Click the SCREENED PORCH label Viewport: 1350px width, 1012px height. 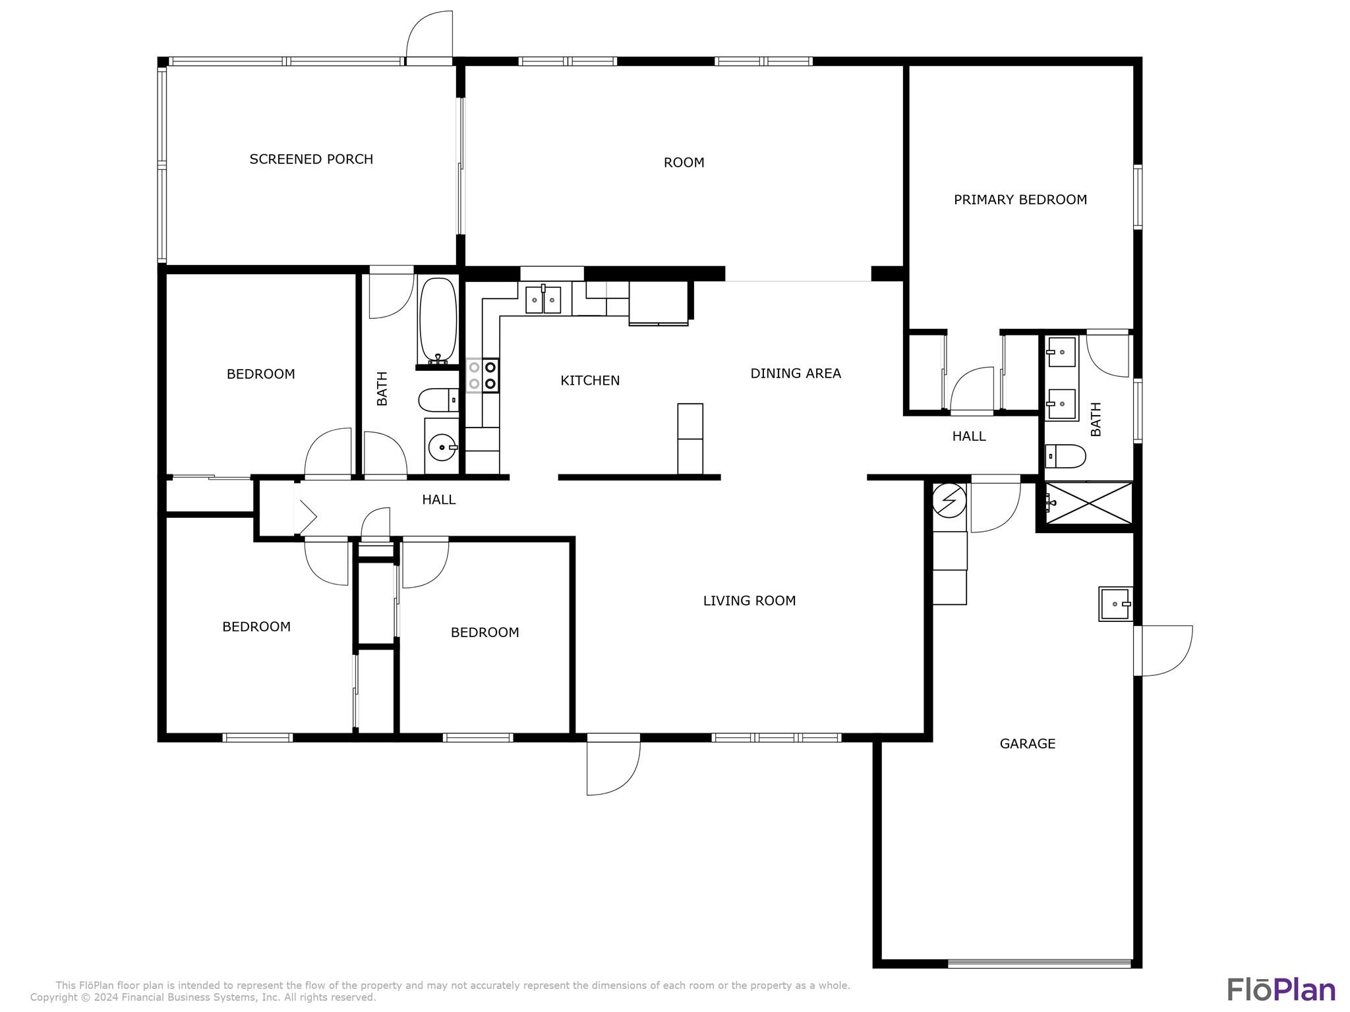311,159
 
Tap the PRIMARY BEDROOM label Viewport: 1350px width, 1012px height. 1020,200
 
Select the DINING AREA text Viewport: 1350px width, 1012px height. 796,374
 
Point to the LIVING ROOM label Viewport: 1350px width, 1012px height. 749,600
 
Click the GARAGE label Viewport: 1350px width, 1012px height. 1028,744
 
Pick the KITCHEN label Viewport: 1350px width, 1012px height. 590,380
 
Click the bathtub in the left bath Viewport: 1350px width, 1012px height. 438,320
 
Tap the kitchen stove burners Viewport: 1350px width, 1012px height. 483,376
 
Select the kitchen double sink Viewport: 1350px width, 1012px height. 543,300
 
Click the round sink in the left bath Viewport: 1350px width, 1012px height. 442,448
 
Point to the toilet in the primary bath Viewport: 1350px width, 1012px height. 1065,456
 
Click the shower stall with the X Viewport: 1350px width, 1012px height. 1089,503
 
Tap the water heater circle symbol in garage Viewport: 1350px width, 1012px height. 949,500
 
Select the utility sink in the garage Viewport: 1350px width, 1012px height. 1115,604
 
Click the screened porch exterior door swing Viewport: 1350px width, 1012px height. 428,37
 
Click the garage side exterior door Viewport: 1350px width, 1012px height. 1163,650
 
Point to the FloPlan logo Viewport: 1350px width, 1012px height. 1281,990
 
